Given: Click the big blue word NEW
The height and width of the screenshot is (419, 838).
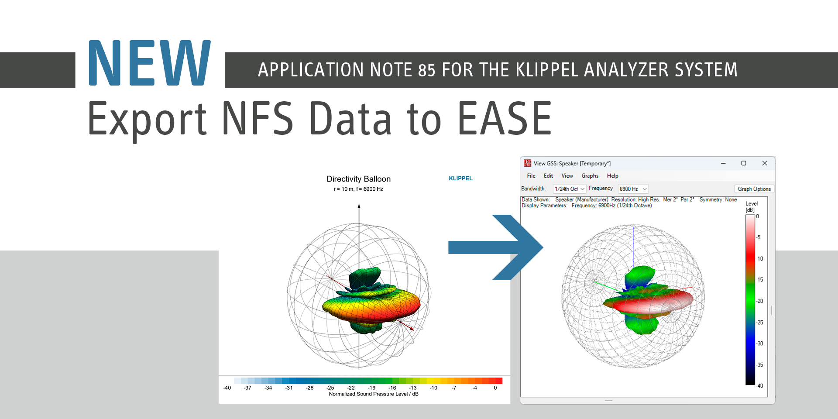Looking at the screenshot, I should click(150, 63).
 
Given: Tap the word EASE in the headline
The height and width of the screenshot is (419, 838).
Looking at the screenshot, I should click(504, 118).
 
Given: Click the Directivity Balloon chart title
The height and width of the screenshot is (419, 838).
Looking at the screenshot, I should click(358, 179).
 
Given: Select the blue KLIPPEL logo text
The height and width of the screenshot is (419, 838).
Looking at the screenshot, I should click(460, 179).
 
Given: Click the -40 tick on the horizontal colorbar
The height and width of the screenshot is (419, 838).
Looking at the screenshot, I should click(227, 388).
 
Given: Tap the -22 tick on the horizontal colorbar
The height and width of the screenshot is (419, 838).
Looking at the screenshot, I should click(350, 388).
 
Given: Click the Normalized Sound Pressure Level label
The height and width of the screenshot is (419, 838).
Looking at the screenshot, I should click(373, 394).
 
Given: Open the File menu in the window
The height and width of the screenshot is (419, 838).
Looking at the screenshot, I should click(531, 176).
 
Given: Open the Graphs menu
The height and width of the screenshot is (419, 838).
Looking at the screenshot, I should click(590, 176).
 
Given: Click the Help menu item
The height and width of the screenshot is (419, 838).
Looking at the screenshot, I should click(612, 176).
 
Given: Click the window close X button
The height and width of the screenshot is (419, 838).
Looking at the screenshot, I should click(764, 163).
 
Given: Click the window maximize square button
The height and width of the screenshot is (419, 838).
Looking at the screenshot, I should click(744, 163).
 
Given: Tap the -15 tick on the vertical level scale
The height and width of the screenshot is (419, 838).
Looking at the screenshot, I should click(760, 280).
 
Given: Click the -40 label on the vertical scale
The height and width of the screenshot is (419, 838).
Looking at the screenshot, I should click(760, 386).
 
